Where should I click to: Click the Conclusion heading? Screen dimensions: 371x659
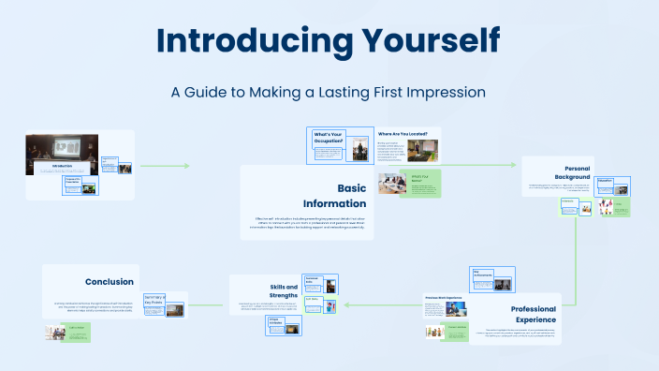click(109, 281)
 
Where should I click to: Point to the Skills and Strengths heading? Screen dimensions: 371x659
click(276, 291)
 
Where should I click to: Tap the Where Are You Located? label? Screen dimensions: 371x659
click(408, 134)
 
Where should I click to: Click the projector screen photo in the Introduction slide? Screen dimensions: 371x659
click(67, 149)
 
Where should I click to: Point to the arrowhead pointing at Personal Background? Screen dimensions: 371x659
click(513, 165)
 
